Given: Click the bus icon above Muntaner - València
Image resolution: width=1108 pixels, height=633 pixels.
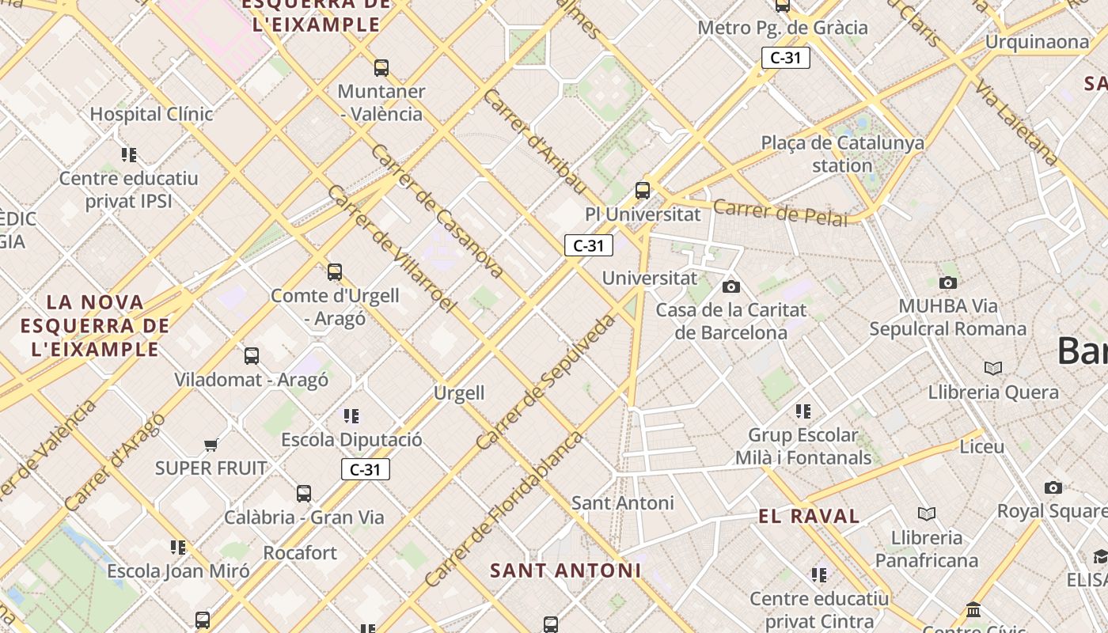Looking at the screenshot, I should pyautogui.click(x=381, y=68).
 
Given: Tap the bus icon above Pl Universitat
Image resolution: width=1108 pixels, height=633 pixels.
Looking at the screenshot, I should pyautogui.click(x=643, y=191).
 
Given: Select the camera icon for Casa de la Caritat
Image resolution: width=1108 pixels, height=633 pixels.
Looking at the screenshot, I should pyautogui.click(x=731, y=286).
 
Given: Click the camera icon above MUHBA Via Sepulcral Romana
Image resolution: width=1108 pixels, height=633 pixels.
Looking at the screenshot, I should pyautogui.click(x=947, y=282).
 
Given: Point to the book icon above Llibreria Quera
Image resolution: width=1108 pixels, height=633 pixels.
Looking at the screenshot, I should pyautogui.click(x=993, y=368).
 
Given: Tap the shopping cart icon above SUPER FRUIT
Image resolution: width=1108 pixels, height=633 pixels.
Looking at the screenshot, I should pyautogui.click(x=211, y=445).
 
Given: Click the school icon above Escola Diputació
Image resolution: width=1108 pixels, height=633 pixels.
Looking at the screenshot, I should pyautogui.click(x=351, y=415).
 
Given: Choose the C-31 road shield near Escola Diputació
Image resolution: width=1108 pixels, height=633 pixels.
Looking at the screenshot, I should pyautogui.click(x=366, y=469).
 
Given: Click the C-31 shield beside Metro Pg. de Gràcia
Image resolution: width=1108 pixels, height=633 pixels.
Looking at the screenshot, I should pyautogui.click(x=785, y=58).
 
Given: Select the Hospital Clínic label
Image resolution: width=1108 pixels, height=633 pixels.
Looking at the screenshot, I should pyautogui.click(x=151, y=114).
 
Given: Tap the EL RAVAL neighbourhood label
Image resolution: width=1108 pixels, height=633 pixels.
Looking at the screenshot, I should pyautogui.click(x=809, y=517).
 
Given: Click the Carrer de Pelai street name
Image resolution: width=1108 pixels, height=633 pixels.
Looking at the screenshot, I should pyautogui.click(x=780, y=212).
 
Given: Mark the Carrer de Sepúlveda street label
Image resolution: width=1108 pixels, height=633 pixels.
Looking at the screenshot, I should pyautogui.click(x=546, y=383).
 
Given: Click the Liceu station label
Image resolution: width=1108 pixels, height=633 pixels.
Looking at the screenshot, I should pyautogui.click(x=981, y=446).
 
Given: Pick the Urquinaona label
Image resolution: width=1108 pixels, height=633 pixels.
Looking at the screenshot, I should pyautogui.click(x=1037, y=42).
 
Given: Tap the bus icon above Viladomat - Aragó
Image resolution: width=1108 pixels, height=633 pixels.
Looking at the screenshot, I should pyautogui.click(x=252, y=356).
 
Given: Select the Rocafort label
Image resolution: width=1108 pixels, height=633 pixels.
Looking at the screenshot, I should pyautogui.click(x=300, y=552).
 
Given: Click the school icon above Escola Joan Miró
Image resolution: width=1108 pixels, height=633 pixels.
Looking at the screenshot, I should pyautogui.click(x=178, y=547).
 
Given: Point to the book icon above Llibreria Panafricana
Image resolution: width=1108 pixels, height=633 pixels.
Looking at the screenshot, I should pyautogui.click(x=926, y=514).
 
